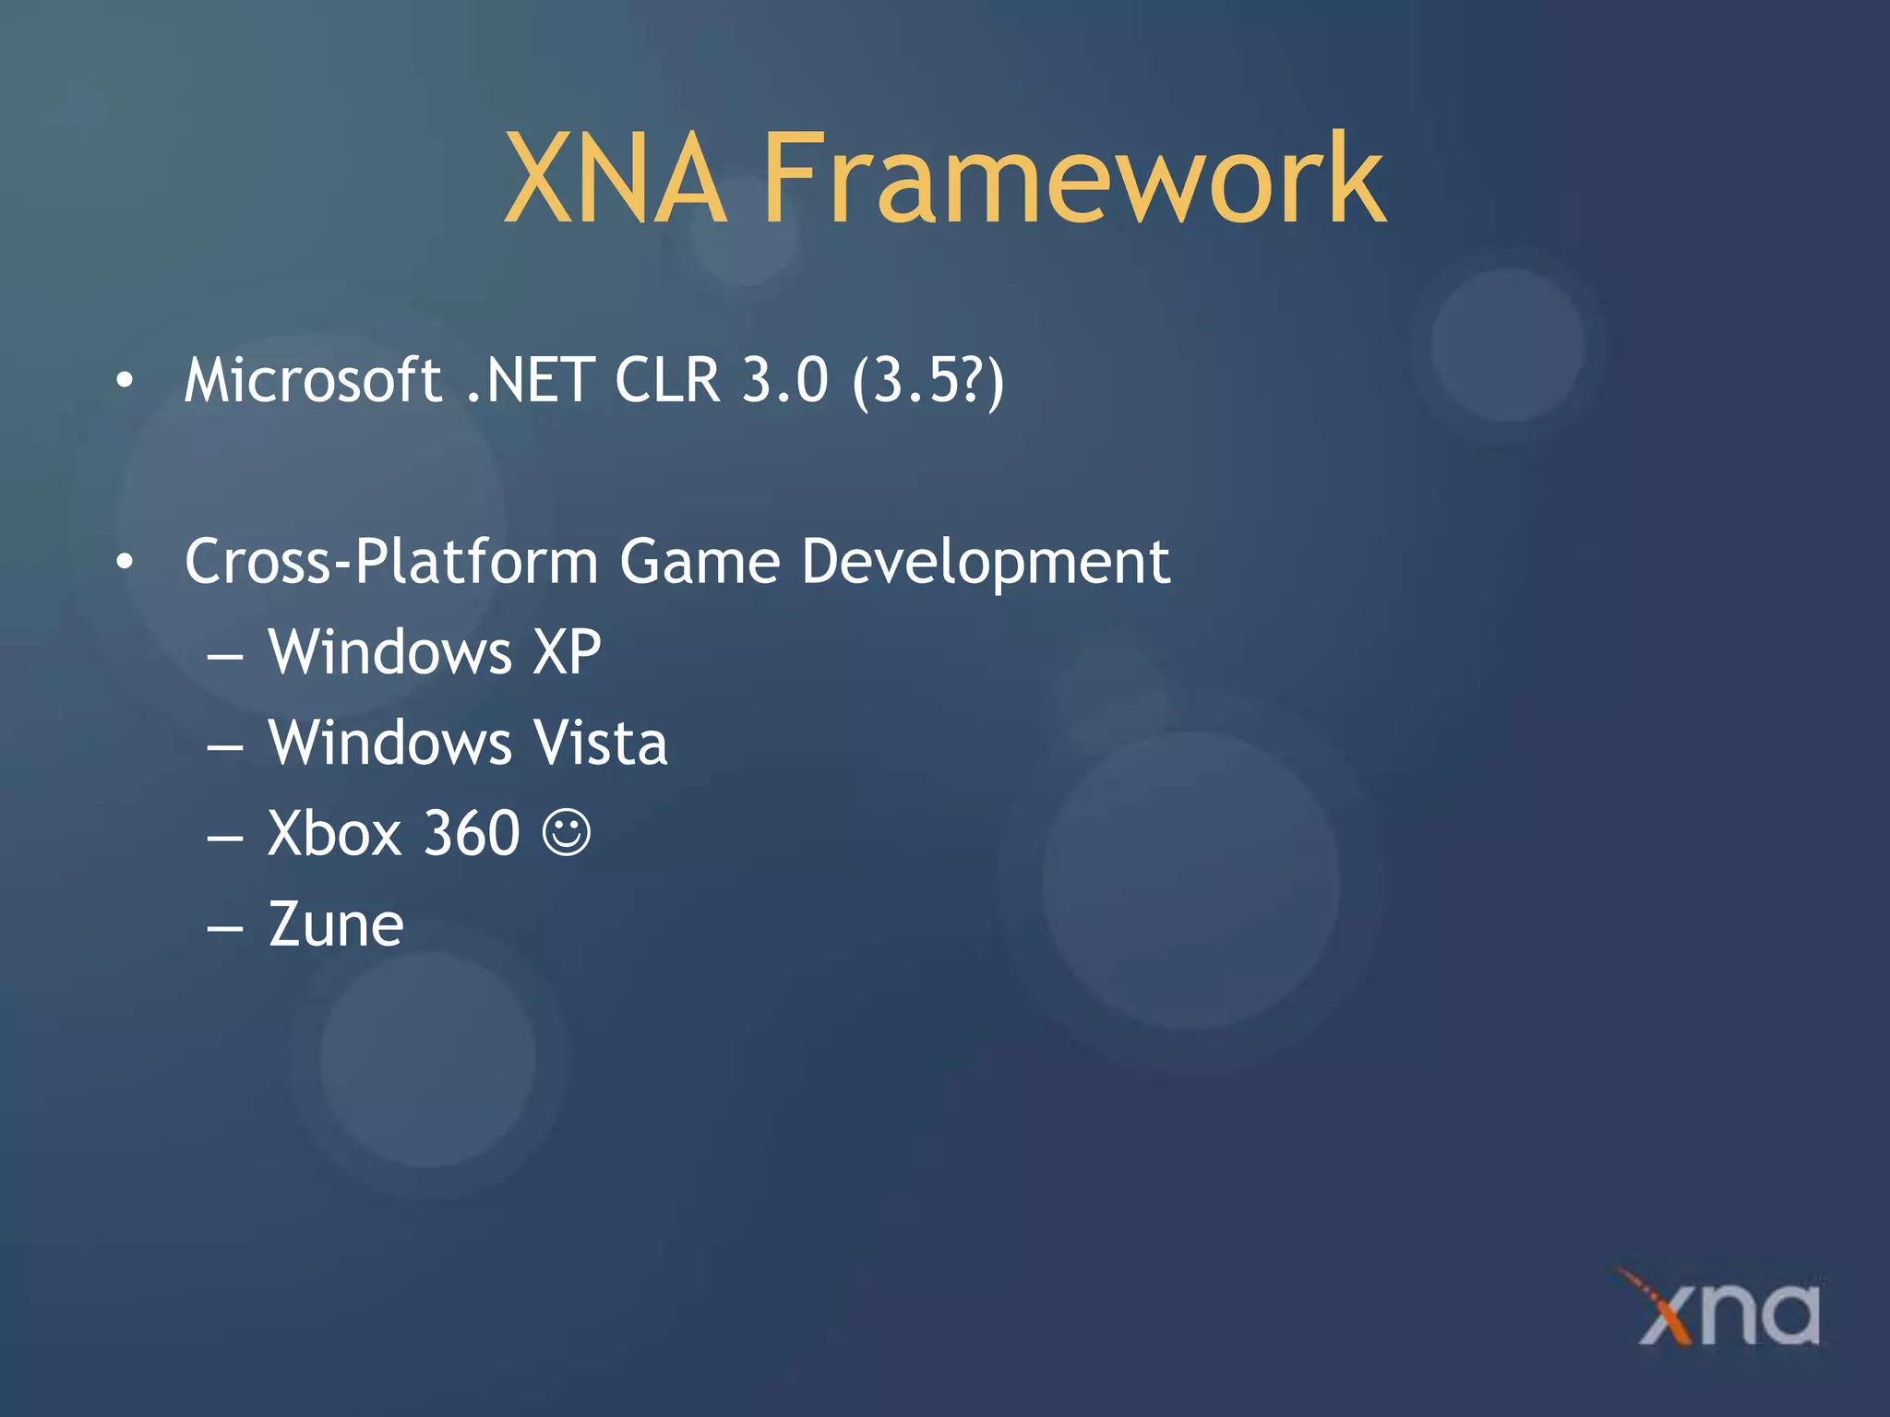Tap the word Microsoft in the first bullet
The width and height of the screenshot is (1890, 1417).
click(x=313, y=380)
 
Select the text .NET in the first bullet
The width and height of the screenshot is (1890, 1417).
click(x=530, y=380)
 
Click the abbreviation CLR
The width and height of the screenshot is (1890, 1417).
click(x=666, y=380)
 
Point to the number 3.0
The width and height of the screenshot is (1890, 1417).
click(x=785, y=380)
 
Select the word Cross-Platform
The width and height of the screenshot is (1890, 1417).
click(x=391, y=561)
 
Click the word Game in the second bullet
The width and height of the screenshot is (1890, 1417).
click(x=700, y=561)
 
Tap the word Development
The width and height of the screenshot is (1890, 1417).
click(x=986, y=563)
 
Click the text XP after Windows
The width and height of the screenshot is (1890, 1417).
click(x=567, y=652)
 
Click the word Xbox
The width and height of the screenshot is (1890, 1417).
click(x=334, y=833)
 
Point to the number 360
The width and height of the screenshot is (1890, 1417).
click(x=472, y=833)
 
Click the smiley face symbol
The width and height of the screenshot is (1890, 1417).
click(x=566, y=833)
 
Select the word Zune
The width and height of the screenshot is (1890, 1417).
click(x=336, y=924)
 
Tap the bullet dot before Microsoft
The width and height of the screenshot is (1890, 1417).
click(x=125, y=380)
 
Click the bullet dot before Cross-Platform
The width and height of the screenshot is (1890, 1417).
click(x=125, y=561)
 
